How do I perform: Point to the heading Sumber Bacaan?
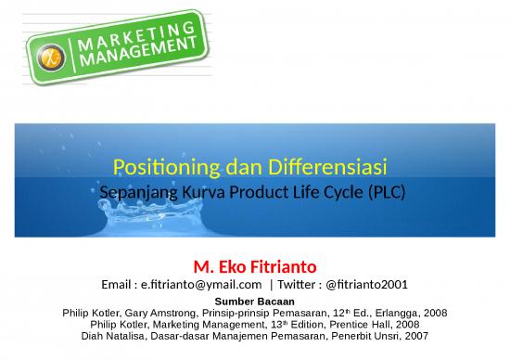click(254, 302)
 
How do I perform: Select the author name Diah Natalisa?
click(120, 337)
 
